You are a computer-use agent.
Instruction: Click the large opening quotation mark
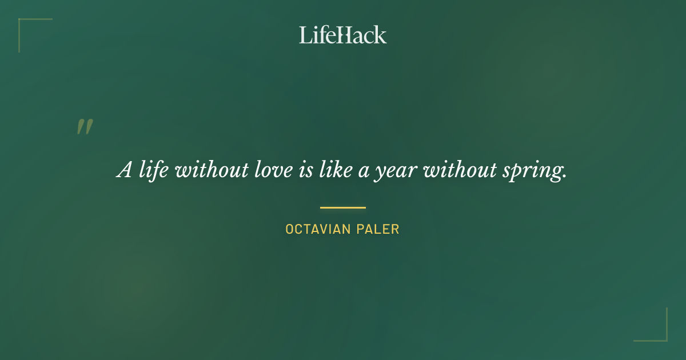click(85, 127)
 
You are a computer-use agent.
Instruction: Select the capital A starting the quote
click(125, 170)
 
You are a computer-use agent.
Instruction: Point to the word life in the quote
click(154, 170)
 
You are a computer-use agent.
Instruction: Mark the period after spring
click(564, 177)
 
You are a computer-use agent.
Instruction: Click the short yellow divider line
click(343, 207)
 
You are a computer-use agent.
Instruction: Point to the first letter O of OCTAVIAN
click(290, 230)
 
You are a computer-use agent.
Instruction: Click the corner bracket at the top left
click(23, 23)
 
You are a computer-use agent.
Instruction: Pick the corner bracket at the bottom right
click(663, 337)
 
